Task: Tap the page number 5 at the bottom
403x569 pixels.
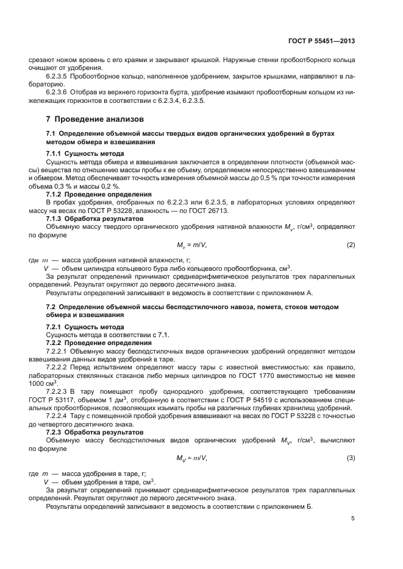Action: point(353,518)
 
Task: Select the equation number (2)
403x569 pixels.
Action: point(351,245)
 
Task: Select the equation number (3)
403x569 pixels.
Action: point(351,457)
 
